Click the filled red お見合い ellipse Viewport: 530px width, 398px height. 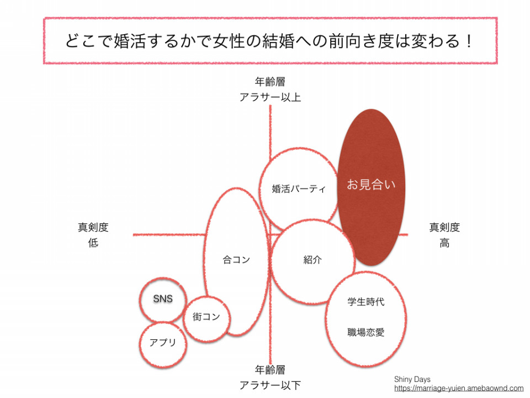pos(371,187)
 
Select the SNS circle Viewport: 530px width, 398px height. pos(163,300)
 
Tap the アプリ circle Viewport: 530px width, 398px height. pos(163,344)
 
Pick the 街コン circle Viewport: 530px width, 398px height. pos(206,318)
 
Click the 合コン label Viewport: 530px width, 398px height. pos(236,260)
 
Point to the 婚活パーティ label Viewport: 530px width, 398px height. pos(299,188)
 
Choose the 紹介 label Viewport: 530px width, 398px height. pos(312,260)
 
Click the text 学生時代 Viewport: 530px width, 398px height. pos(365,302)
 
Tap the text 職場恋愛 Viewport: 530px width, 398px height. pos(365,332)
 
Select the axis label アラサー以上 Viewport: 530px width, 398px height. pos(270,97)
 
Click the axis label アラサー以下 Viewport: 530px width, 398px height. pos(270,385)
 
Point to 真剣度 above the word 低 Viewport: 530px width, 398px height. pos(93,227)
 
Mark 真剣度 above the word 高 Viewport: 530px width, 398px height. pos(444,227)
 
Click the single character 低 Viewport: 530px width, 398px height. pos(93,243)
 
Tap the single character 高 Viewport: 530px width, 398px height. pos(444,243)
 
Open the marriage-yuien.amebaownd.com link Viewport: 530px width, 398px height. pos(459,389)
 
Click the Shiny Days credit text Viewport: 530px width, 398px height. pos(412,379)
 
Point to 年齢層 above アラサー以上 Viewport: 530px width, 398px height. pos(270,82)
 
